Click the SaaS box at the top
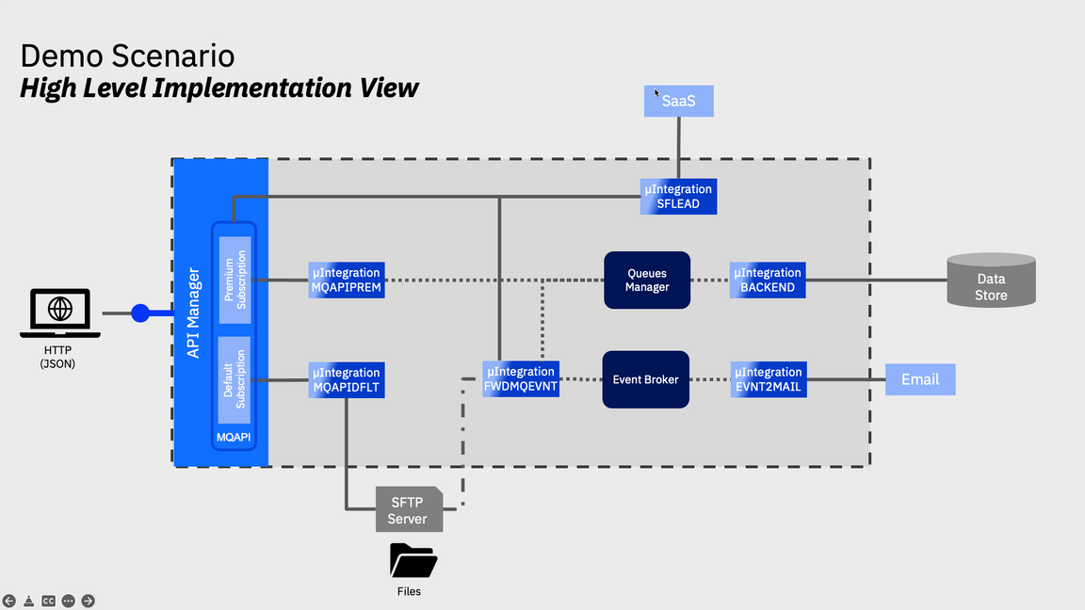[x=678, y=101]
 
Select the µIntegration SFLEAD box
[x=678, y=196]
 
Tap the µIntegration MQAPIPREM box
[x=347, y=281]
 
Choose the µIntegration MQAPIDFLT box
[x=347, y=379]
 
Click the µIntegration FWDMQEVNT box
[x=521, y=378]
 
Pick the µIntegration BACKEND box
[x=768, y=281]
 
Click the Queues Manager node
[x=647, y=280]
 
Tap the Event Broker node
[x=645, y=379]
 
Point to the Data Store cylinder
[x=991, y=280]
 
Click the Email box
[x=920, y=379]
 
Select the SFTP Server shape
[x=408, y=511]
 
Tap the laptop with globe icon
[x=60, y=313]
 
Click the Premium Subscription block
[x=235, y=279]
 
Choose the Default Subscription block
[x=235, y=379]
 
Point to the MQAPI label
[x=235, y=439]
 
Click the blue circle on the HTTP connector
[x=140, y=313]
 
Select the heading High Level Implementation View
[x=219, y=88]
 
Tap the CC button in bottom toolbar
[x=48, y=601]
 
